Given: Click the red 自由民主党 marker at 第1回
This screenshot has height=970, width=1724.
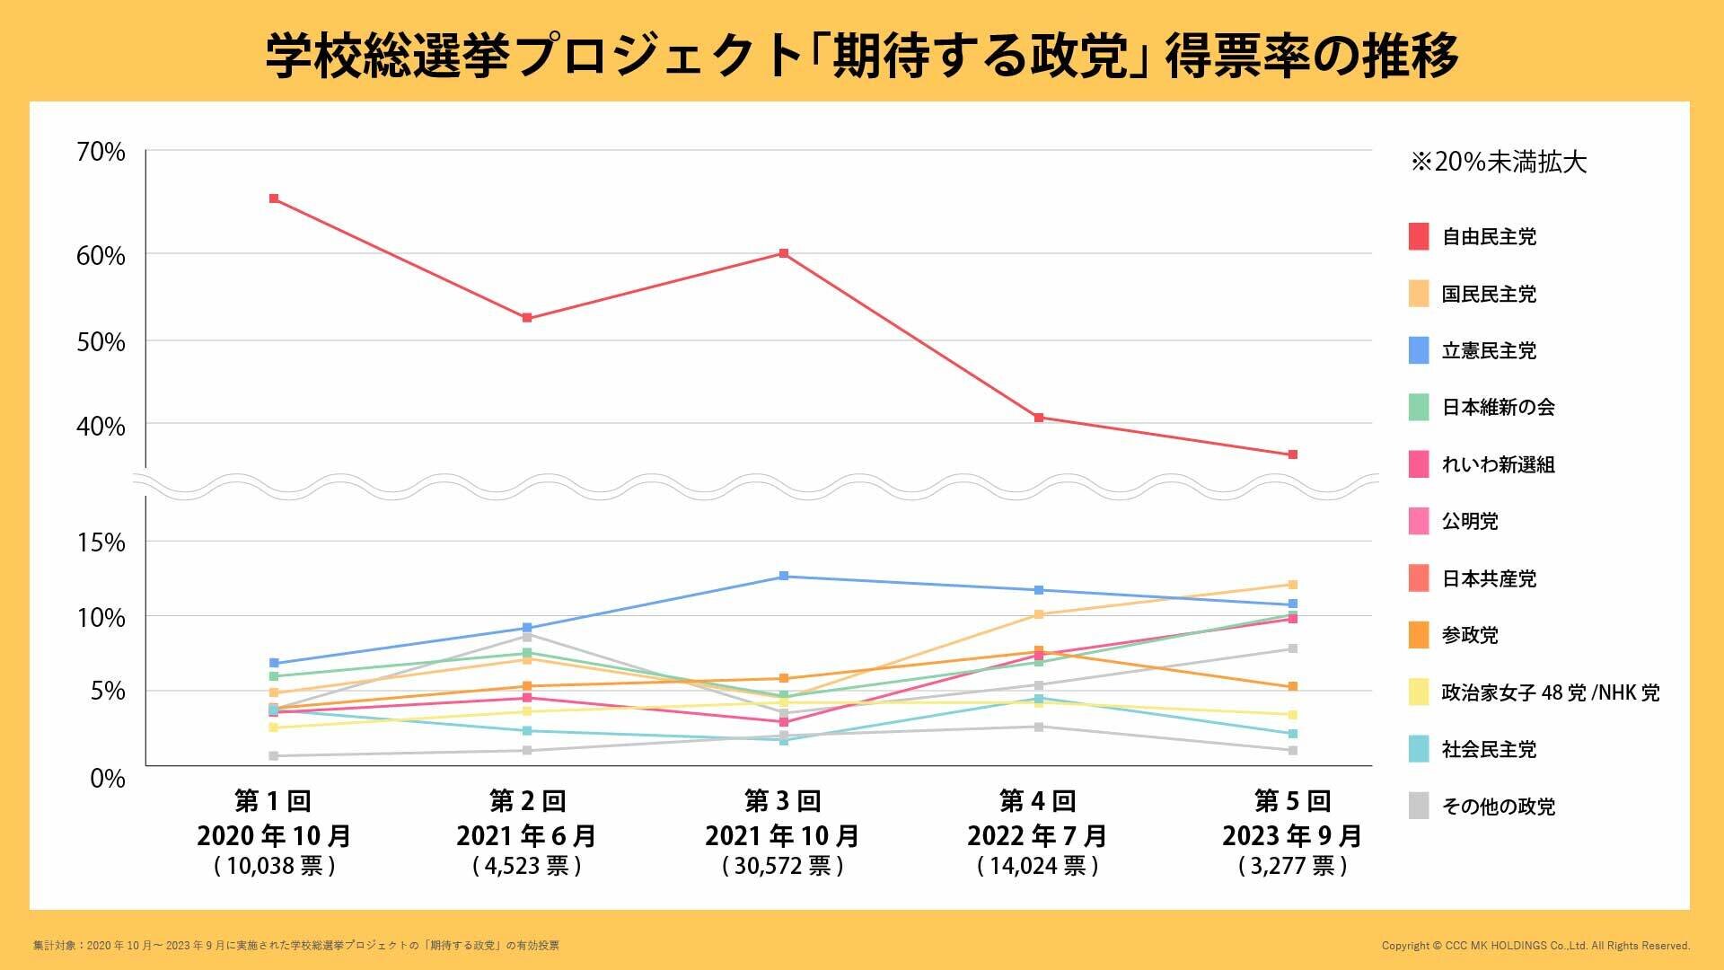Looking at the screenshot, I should (274, 198).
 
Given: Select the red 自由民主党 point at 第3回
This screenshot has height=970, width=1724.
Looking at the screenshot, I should (784, 253).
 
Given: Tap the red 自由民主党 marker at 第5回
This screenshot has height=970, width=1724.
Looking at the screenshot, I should (1293, 454).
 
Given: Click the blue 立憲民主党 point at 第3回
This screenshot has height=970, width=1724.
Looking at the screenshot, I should (784, 576).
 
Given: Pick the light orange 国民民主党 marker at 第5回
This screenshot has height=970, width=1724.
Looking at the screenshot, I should (1293, 585).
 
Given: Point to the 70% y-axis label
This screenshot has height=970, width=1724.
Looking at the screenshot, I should (101, 153).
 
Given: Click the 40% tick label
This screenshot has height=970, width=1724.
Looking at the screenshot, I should (101, 426).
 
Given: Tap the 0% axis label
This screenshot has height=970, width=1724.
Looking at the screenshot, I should (108, 778).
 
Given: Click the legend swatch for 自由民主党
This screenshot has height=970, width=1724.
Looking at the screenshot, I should (1419, 237).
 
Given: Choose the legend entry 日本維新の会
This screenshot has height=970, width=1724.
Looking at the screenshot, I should (1498, 408).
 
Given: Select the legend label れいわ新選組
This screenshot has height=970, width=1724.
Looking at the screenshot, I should (1498, 465).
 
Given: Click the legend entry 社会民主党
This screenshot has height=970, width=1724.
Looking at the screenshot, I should (1489, 750).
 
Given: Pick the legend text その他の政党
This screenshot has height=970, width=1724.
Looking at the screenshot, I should (1498, 807).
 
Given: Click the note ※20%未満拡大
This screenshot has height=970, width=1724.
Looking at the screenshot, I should (1499, 163).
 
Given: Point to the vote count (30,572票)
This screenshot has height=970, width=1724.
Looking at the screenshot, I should (783, 866).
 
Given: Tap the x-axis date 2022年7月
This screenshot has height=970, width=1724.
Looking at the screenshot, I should (1037, 836).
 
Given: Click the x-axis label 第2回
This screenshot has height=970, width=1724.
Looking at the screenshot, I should (527, 800).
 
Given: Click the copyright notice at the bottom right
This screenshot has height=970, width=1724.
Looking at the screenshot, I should (1535, 946).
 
